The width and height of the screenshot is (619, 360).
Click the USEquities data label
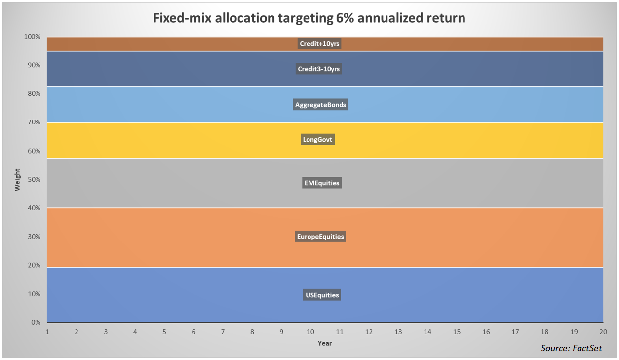(322, 295)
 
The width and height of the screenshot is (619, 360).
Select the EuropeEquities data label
(320, 237)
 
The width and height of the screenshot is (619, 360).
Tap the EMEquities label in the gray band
(321, 183)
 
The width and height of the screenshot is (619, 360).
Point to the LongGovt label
(318, 140)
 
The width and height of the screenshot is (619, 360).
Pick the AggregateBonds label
(320, 105)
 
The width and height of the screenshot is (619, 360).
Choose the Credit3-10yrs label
(319, 69)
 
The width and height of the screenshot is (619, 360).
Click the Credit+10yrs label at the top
(320, 44)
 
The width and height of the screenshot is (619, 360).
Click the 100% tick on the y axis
(32, 37)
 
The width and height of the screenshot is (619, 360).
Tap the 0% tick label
(35, 323)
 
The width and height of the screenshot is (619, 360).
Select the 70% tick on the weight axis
(33, 122)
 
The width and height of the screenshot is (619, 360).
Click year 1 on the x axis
(47, 332)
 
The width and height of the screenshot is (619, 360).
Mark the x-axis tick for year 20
(603, 332)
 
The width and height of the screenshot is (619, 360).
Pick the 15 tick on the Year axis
(457, 332)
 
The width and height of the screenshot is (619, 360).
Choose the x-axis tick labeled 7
(223, 332)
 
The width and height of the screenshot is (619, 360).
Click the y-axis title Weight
(18, 180)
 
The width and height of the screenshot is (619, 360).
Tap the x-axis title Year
(325, 343)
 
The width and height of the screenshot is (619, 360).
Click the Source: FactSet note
(571, 348)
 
